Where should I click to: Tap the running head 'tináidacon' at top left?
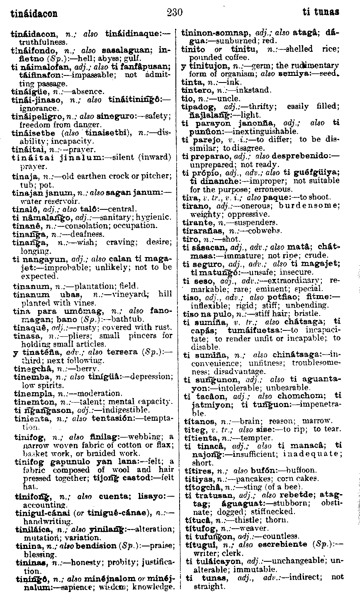[x=34, y=13]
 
